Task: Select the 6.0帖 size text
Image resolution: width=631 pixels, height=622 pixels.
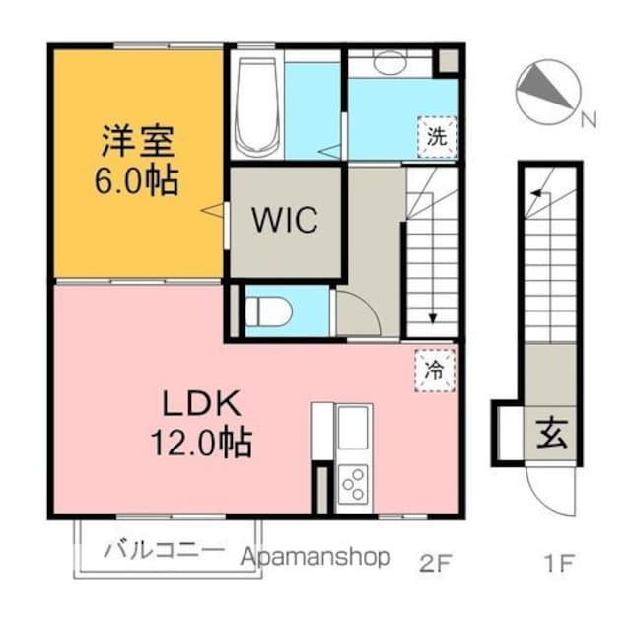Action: [138, 182]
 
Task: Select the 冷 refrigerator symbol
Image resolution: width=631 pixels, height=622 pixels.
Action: [433, 370]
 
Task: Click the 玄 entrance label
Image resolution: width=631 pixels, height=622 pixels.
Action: [551, 433]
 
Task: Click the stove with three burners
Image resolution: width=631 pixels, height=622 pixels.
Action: [352, 483]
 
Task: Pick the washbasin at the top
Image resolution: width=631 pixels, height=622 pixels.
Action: [388, 62]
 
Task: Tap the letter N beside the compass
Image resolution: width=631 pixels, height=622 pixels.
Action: [589, 122]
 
